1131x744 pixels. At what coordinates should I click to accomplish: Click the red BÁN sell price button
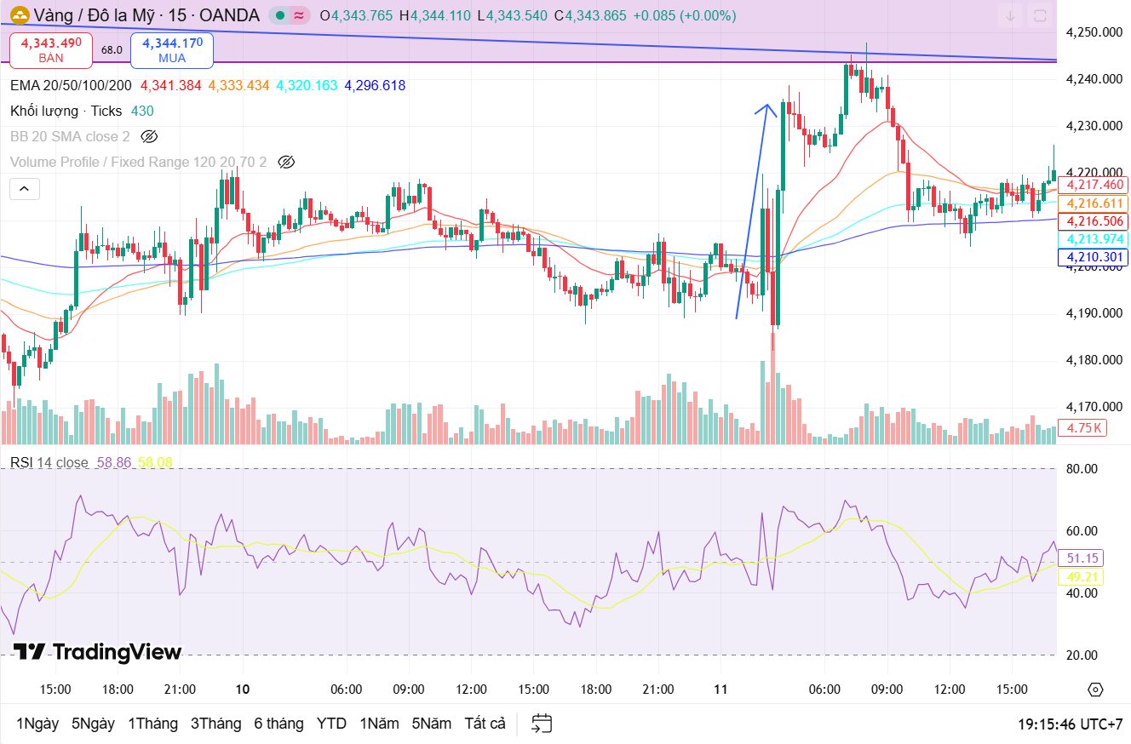[x=51, y=49]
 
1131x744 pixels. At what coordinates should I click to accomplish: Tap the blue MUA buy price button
[x=172, y=49]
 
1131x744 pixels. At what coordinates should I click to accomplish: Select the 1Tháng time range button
[x=152, y=724]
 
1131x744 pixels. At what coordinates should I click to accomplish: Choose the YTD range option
[x=331, y=724]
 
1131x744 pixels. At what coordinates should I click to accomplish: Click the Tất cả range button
[x=485, y=724]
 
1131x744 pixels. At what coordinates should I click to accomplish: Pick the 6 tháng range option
[x=278, y=724]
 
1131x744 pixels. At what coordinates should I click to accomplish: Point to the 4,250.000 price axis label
[x=1094, y=32]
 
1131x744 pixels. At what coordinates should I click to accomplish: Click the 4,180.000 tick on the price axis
[x=1094, y=360]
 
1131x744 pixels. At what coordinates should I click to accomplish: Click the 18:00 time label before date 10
[x=118, y=690]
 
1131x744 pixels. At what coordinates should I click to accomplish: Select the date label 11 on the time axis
[x=721, y=690]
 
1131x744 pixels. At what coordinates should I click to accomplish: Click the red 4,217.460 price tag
[x=1093, y=185]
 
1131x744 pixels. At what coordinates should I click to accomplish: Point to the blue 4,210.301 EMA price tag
[x=1093, y=257]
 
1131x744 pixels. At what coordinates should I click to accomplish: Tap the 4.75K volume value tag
[x=1082, y=428]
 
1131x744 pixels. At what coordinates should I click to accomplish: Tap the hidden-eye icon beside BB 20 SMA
[x=150, y=136]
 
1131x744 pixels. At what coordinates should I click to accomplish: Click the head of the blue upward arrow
[x=766, y=107]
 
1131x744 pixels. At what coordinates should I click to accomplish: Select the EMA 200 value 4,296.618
[x=375, y=85]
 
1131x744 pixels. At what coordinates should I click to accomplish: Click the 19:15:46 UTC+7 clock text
[x=1070, y=724]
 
